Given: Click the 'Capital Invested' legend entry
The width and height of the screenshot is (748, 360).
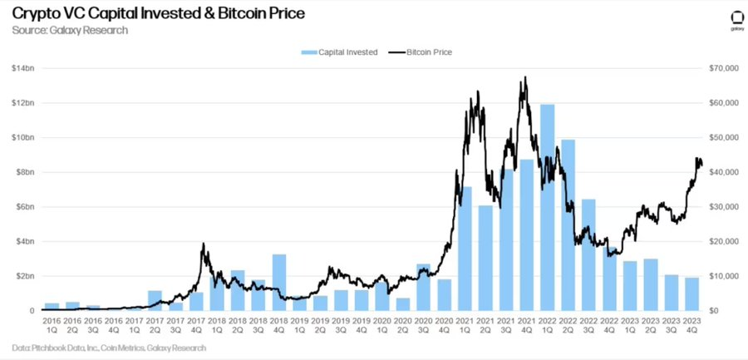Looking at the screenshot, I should pos(342,52).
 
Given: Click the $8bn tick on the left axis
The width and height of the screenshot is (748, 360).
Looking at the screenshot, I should pos(24,172).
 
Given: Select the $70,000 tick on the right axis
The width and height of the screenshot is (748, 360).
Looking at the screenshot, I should pos(719,68).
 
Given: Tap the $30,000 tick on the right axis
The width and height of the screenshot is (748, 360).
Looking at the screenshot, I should pos(719,207).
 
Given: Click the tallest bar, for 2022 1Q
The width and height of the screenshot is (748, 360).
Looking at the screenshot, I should pos(547,208).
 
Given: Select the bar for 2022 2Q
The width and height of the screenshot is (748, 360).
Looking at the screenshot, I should pos(568,225).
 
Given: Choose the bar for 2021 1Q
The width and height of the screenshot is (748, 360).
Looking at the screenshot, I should pos(465,249).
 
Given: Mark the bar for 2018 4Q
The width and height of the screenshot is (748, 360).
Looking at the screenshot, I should pos(279,283).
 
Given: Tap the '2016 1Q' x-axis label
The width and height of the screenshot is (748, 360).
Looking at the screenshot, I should pos(52,325).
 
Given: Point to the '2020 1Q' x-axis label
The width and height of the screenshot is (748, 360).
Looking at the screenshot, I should pos(381,325).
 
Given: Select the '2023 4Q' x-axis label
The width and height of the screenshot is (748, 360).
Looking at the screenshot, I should pos(691,325).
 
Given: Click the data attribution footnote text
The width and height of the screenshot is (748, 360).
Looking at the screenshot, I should pos(109,348).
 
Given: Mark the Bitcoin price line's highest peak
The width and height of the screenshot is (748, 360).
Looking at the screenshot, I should pos(524,78).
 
